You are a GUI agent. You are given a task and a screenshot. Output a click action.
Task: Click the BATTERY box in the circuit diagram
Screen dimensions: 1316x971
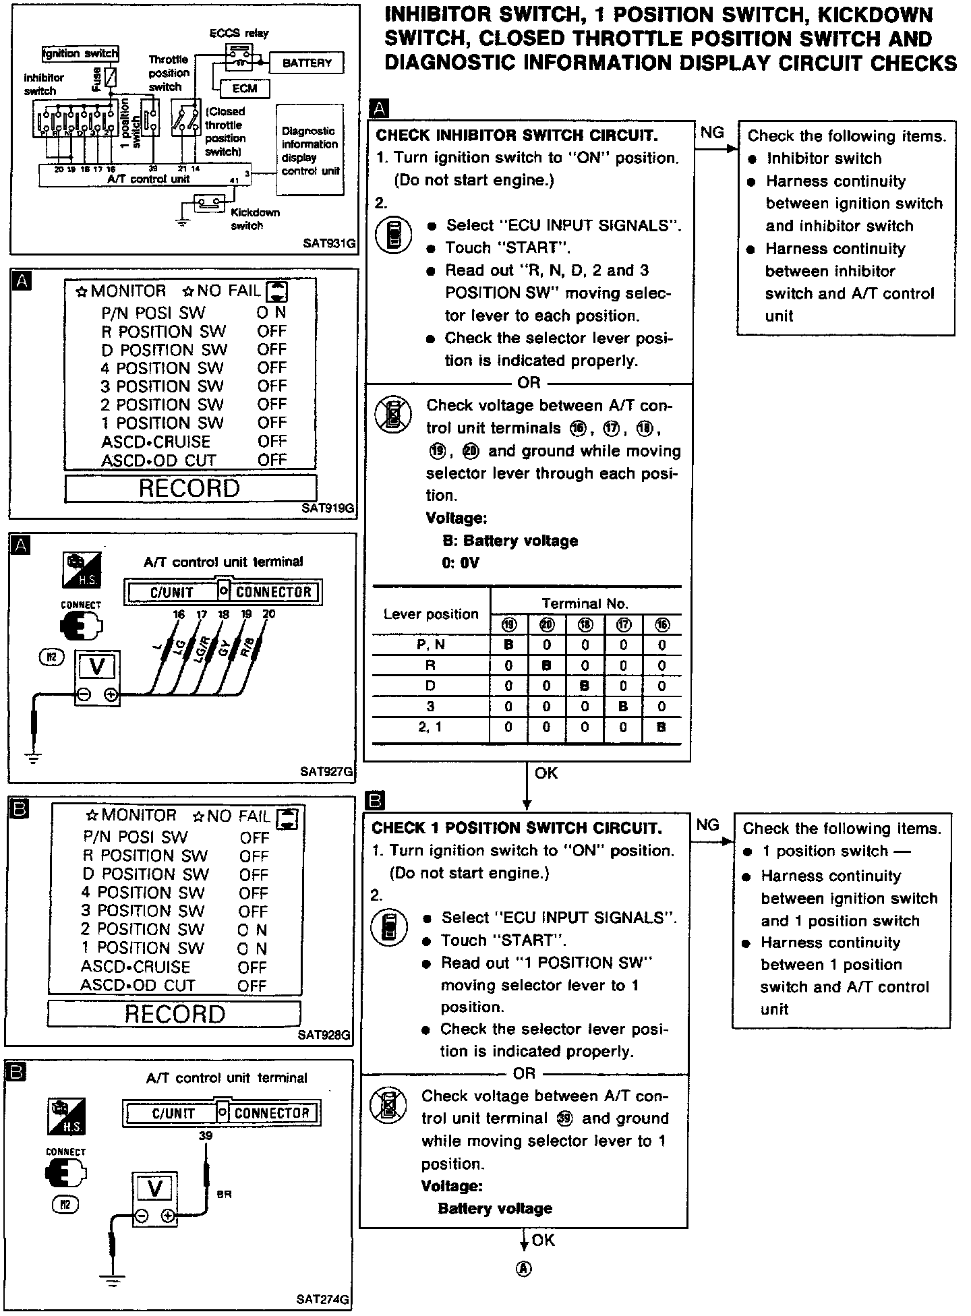click(307, 63)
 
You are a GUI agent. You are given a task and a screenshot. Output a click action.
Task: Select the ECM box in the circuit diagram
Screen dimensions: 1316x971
click(244, 88)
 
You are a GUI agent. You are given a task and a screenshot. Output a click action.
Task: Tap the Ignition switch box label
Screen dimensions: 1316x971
click(80, 53)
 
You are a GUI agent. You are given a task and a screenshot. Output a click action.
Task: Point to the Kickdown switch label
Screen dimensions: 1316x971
click(254, 219)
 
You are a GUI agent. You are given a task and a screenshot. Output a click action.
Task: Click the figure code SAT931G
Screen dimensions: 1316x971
click(328, 243)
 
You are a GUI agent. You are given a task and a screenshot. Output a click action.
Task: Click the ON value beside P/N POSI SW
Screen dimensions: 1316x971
click(272, 313)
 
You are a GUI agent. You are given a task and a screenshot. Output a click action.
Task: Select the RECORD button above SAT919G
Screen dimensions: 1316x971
click(190, 488)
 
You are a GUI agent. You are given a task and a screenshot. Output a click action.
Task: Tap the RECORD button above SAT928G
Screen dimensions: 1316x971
click(174, 1013)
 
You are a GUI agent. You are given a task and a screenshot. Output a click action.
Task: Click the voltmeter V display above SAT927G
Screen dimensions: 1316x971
click(97, 667)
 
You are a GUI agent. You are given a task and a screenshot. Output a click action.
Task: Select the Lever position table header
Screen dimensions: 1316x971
click(430, 614)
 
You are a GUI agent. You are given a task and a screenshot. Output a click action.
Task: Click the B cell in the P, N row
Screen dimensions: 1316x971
click(509, 645)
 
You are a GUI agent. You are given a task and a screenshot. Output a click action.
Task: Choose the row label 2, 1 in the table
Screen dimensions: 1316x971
click(430, 727)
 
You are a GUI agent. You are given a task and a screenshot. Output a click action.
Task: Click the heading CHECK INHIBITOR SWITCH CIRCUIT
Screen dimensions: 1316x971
click(517, 136)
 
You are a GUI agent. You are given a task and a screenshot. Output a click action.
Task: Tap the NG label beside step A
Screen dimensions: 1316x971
click(712, 133)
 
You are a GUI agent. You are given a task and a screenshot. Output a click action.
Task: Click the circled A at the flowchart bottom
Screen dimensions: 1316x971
click(524, 1268)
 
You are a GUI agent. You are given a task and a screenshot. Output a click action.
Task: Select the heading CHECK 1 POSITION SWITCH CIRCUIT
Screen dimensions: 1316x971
click(517, 828)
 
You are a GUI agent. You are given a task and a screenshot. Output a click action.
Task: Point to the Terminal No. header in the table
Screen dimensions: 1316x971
click(585, 603)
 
